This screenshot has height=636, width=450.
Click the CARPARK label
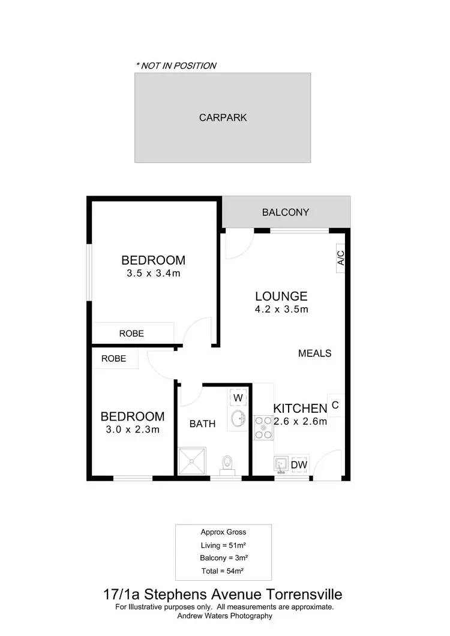223,118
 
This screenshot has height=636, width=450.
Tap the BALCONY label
286,212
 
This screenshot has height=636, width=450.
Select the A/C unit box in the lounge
340,259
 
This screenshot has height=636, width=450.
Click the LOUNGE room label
281,296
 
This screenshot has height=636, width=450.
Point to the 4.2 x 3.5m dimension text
281,310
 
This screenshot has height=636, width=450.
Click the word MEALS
314,353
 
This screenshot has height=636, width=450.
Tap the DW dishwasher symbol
299,465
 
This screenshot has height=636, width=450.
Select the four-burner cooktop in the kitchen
263,427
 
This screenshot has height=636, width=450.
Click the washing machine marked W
238,397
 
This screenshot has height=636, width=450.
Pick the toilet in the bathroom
227,464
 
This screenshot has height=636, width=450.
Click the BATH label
202,424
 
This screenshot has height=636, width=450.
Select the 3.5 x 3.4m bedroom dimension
153,274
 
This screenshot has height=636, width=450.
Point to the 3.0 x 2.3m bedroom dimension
132,429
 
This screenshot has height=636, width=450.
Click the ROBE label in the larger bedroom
131,333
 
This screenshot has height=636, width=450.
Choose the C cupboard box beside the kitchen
335,405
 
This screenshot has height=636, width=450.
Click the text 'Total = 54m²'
223,570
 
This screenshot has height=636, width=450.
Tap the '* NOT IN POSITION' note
176,65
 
